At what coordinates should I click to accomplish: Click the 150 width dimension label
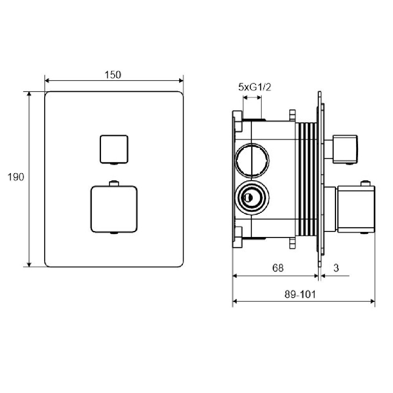click(112, 75)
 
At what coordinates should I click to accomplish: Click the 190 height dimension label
click(16, 177)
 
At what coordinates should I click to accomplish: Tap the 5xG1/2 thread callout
click(255, 87)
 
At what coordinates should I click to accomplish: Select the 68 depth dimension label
click(278, 268)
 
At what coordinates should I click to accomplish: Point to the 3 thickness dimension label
click(336, 268)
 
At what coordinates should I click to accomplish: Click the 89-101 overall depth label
click(300, 294)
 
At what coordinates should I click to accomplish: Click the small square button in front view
click(114, 149)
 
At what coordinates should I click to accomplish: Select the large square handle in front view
click(114, 209)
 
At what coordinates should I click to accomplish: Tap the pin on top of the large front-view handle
click(114, 183)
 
